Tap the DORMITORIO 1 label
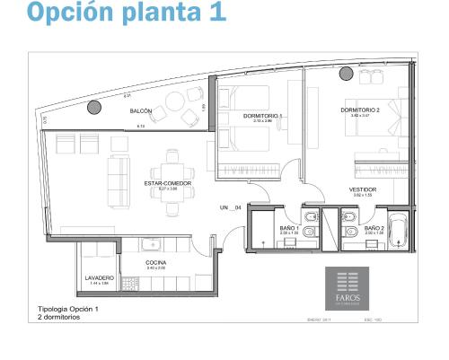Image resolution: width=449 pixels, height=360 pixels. click(263, 116)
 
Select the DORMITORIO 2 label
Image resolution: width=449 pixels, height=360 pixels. click(360, 110)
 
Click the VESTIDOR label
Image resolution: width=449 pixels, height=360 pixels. click(363, 190)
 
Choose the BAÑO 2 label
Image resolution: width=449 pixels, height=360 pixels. click(374, 229)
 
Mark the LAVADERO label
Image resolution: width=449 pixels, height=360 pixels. click(100, 277)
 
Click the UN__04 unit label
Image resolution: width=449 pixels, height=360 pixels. click(232, 207)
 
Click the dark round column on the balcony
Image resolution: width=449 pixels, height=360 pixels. click(93, 109)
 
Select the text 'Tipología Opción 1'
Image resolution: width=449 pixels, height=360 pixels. click(68, 308)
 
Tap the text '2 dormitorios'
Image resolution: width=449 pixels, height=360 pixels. click(59, 316)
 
